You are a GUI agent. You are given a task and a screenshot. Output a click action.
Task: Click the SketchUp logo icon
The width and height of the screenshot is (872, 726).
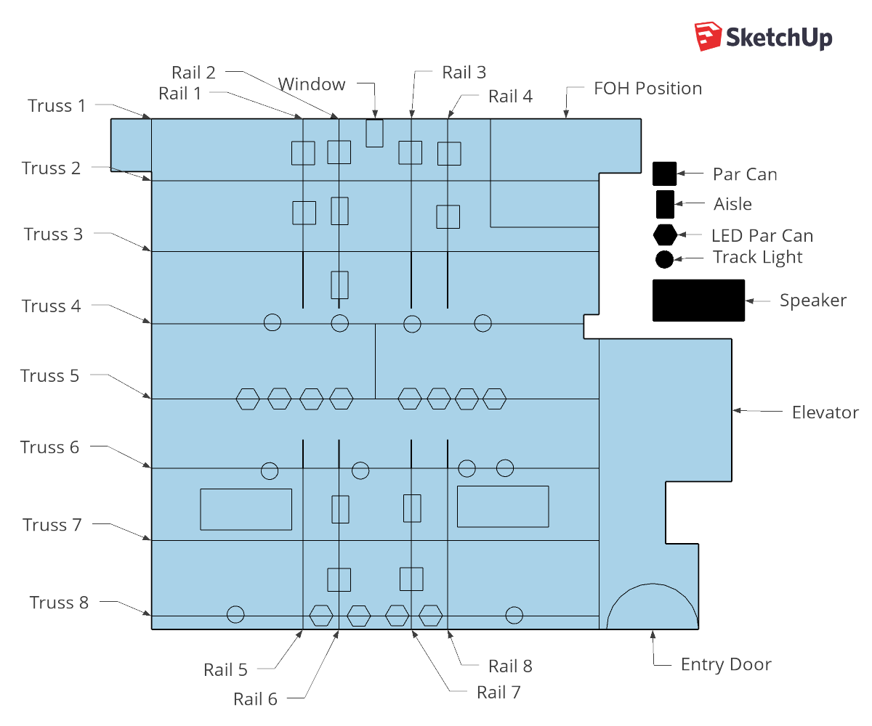[708, 37]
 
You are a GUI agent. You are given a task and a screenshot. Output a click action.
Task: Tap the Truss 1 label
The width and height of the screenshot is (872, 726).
[57, 106]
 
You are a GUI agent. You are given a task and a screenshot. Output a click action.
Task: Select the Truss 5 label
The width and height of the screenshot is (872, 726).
[49, 375]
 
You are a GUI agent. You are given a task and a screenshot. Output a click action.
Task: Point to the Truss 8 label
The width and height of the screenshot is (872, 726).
[59, 603]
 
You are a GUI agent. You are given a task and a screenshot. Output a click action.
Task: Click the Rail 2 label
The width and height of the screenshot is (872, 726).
[193, 73]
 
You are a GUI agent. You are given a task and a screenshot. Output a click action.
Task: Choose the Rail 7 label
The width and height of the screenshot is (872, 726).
[498, 693]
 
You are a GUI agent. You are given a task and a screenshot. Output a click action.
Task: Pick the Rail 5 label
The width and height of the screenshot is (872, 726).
[225, 670]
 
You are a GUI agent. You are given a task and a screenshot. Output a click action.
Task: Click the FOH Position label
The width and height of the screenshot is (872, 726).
[647, 89]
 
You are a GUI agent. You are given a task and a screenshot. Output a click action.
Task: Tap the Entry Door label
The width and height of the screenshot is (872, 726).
[726, 664]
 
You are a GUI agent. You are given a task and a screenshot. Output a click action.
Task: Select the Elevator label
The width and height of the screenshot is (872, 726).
[825, 412]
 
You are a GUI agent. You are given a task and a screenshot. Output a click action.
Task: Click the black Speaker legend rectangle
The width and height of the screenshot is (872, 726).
[698, 301]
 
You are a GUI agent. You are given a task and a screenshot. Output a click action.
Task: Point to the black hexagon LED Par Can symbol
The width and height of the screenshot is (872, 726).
[665, 235]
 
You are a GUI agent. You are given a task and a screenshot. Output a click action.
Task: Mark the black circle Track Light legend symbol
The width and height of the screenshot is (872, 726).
[664, 259]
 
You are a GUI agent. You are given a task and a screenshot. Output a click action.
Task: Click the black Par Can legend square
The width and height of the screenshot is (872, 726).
[664, 174]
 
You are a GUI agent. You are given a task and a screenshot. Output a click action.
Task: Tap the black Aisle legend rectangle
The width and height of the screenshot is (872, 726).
[665, 205]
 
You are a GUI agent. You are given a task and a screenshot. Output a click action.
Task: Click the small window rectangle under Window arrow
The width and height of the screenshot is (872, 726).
[375, 133]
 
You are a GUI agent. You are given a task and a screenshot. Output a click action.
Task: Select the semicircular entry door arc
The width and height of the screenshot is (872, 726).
[653, 584]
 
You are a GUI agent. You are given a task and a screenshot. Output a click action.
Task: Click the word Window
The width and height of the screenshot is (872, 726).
[312, 84]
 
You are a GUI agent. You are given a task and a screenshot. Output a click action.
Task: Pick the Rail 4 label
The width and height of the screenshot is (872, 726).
[510, 97]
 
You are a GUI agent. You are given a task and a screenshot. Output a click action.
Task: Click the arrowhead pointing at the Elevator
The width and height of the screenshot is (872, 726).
[737, 411]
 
